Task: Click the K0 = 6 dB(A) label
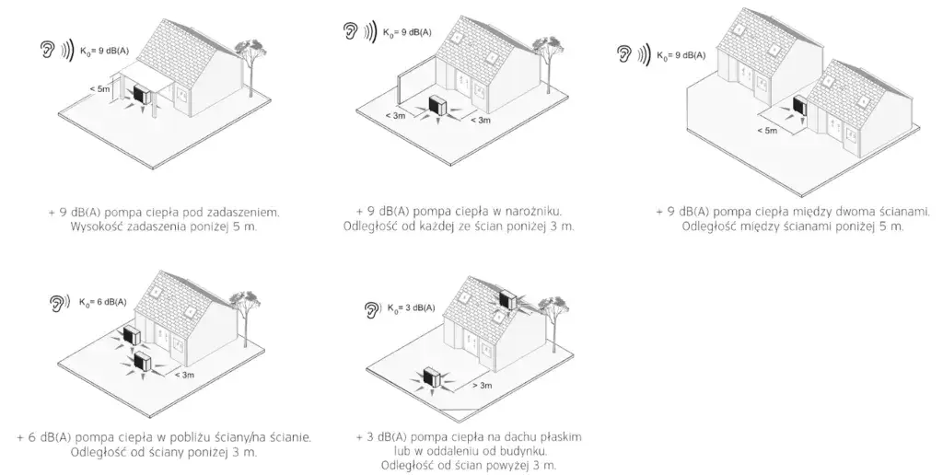tap(102, 302)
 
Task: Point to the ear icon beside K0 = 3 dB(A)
tap(372, 308)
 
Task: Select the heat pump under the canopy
tap(140, 95)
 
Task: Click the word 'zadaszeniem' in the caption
tap(239, 213)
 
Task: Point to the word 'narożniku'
tap(528, 211)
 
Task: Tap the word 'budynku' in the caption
tap(525, 451)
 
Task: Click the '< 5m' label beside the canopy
tap(101, 88)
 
